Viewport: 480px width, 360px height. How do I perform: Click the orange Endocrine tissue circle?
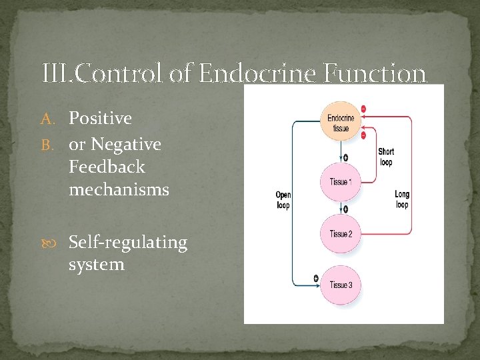[341, 122]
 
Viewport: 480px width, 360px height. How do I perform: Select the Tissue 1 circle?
[341, 182]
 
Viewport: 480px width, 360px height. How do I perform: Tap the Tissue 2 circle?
[341, 233]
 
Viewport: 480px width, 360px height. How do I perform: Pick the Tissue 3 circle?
[341, 285]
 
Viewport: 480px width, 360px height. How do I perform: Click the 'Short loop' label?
[385, 157]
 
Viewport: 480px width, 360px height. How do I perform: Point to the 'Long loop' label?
[401, 199]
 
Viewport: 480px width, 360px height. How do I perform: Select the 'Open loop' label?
[283, 200]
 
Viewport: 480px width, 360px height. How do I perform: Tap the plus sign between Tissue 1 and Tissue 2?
[346, 209]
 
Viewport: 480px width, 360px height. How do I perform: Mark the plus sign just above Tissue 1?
[346, 157]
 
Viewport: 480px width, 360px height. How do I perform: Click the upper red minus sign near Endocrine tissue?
[363, 108]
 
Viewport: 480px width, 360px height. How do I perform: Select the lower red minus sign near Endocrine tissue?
[363, 135]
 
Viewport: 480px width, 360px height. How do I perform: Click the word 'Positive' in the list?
[100, 119]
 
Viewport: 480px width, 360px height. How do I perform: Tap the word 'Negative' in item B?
[126, 144]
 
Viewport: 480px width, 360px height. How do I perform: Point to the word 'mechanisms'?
[119, 190]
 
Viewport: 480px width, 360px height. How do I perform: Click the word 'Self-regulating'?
[128, 242]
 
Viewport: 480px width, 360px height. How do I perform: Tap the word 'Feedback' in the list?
[106, 167]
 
